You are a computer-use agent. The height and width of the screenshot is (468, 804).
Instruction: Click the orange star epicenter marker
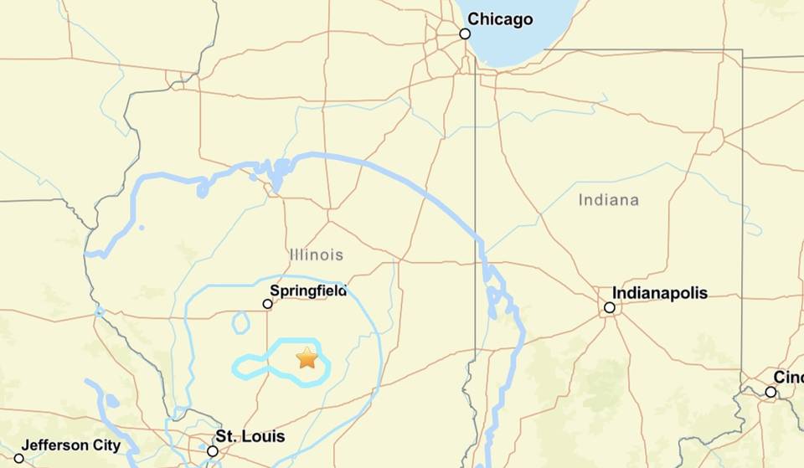(307, 358)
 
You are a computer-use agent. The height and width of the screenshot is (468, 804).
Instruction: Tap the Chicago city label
(499, 18)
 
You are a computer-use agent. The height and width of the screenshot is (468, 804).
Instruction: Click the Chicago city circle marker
(465, 33)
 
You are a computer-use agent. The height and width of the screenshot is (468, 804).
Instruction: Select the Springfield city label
(308, 291)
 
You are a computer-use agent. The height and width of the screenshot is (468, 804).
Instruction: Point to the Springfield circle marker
(267, 304)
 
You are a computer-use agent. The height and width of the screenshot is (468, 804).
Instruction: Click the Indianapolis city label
(660, 293)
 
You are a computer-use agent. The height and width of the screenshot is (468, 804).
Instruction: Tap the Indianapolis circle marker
(610, 307)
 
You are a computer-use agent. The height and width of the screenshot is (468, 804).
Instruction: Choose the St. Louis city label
(250, 436)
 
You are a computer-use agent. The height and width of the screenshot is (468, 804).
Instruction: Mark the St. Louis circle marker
(213, 450)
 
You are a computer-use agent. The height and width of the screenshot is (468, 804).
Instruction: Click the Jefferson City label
(71, 445)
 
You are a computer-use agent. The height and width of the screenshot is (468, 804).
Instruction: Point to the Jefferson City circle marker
(19, 459)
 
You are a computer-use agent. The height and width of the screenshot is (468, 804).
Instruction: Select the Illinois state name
(316, 255)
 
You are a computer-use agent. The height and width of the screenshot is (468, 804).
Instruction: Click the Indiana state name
(608, 200)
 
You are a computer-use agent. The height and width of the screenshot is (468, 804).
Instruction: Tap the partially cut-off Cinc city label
(788, 378)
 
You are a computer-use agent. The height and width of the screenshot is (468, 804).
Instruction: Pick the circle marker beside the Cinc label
(770, 392)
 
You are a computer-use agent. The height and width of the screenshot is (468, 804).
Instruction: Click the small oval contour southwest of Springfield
(241, 322)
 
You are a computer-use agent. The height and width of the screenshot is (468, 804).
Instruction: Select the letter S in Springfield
(275, 291)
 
